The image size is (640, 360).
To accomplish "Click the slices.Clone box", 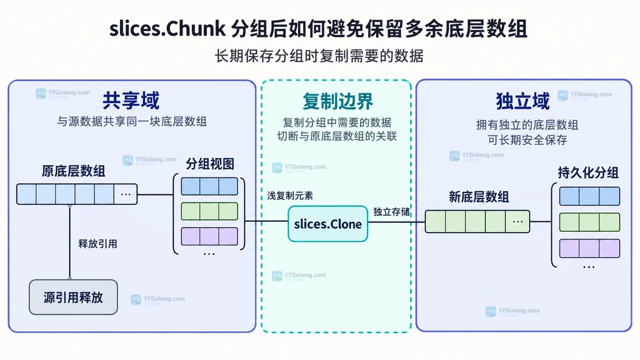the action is coord(327,224).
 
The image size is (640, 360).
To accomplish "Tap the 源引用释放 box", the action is coord(74,297).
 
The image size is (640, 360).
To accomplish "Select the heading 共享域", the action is coord(131,101).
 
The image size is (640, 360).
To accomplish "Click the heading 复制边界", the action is coord(337,101).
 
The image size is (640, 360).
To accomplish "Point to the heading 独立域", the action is coord(523,101).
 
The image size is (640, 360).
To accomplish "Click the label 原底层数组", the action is coord(74,171).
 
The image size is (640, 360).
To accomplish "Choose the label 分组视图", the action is coord(210,164).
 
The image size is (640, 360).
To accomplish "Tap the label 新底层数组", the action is coord(479,197).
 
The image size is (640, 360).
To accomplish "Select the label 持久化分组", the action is coord(588,172).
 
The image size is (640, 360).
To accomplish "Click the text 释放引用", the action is coord(97,244).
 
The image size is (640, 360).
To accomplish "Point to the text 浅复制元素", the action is coord(290,196).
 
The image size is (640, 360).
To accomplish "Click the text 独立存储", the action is coord(391,211).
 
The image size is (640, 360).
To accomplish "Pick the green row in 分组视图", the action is coord(209,211).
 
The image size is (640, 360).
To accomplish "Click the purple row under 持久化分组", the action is coord(589,248).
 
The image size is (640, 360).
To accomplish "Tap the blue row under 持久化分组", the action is coord(589,196).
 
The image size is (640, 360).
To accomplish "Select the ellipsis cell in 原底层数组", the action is coord(125,194).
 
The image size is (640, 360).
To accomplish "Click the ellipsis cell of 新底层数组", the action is coord(517,222).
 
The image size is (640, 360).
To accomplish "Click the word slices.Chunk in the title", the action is coord(167,29).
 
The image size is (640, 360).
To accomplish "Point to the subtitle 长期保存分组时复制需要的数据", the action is coord(319,56).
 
